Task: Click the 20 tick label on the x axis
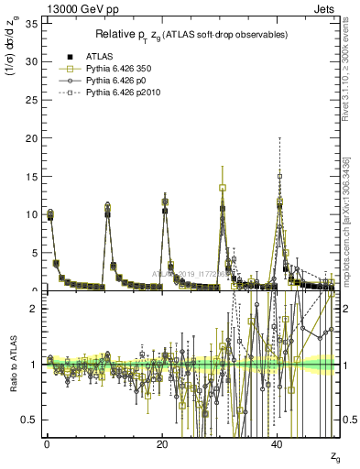coord(161,443)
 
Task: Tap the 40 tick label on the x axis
coord(277,443)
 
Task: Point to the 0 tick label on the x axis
coord(47,443)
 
